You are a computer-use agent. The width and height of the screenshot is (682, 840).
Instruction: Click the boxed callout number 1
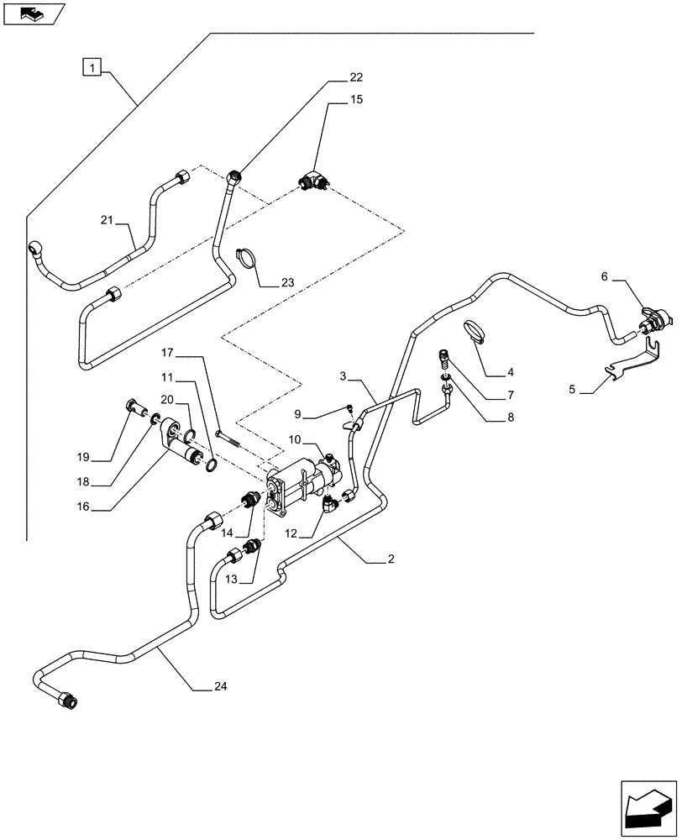92,65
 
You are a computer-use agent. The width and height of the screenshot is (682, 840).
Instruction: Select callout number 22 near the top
356,78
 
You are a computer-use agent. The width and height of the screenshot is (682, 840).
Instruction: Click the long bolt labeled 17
233,436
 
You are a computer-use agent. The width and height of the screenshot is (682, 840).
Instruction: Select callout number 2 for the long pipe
391,559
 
